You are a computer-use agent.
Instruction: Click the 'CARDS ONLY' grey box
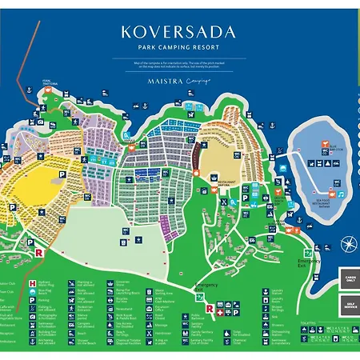(349, 278)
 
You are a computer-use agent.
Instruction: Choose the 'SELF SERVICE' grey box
(349, 305)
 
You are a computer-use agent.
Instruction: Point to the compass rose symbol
(349, 244)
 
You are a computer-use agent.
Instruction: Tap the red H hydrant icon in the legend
(32, 284)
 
